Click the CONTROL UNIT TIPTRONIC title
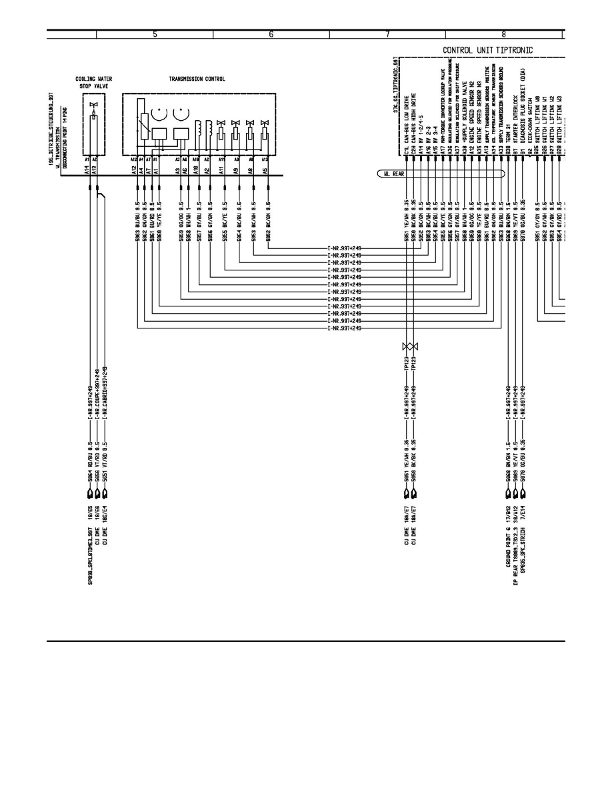tap(493, 50)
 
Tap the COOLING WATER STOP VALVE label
tap(94, 82)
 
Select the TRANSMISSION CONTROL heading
tap(197, 79)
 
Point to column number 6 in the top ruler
tap(271, 35)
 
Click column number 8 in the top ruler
tap(503, 35)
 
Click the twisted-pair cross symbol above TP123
tap(410, 346)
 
